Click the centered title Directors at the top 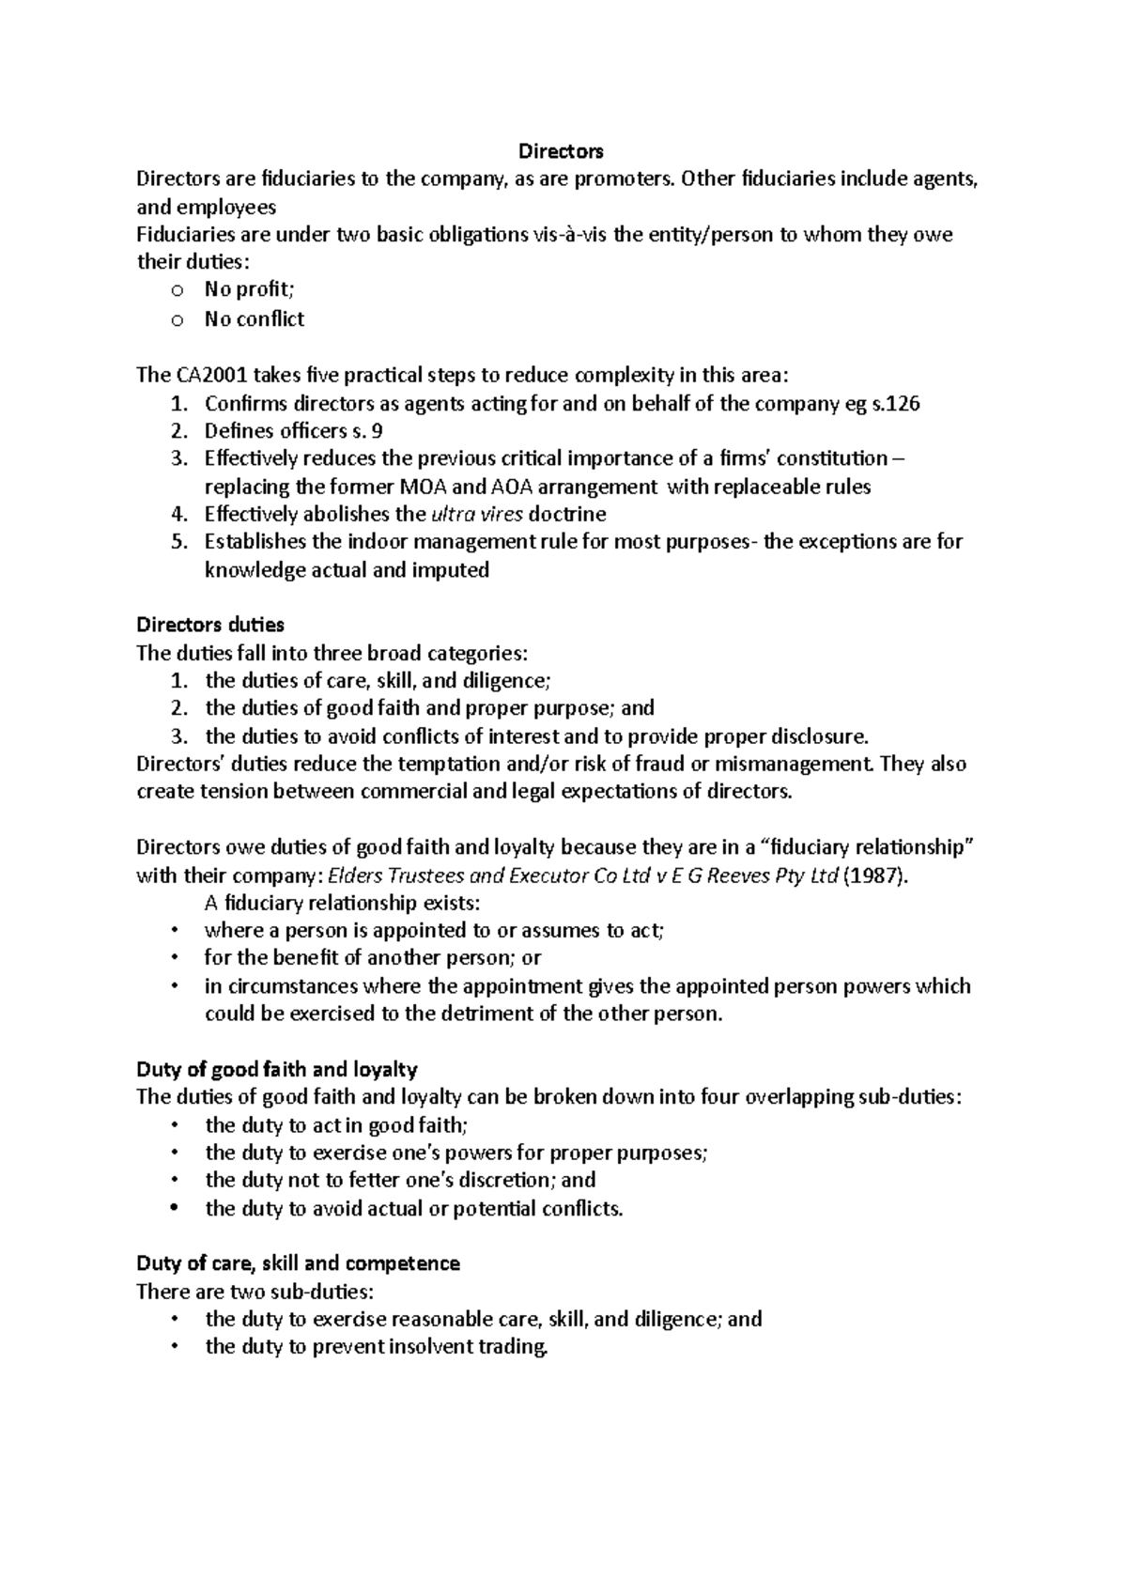[561, 151]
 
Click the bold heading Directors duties [210, 625]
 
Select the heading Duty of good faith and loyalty [277, 1069]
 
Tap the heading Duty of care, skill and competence [298, 1263]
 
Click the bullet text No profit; [250, 290]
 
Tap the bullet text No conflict [255, 319]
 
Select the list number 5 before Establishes [178, 542]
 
